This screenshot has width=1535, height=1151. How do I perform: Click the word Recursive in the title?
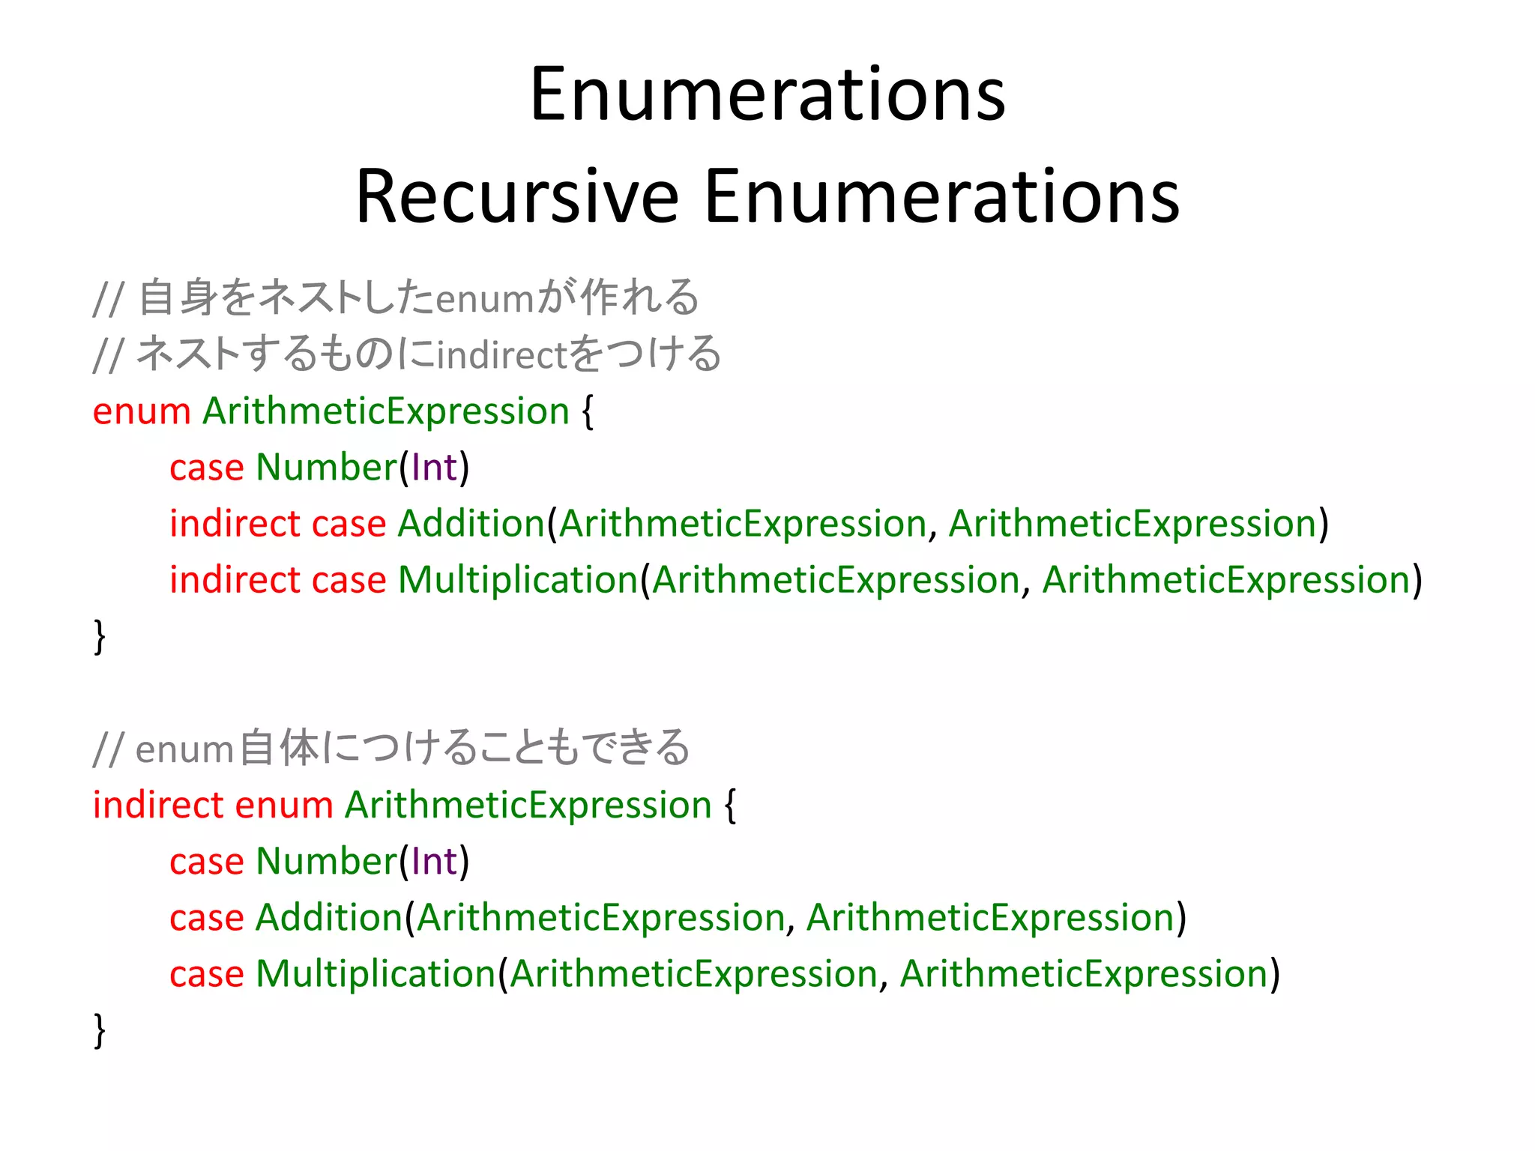point(516,196)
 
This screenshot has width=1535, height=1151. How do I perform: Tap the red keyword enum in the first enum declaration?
point(142,411)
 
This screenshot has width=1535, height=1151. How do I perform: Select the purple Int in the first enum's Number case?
point(434,468)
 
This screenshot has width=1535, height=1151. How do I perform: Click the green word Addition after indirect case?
point(471,523)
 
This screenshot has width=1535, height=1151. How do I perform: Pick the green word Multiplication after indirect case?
point(517,580)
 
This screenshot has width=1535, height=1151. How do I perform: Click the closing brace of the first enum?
point(99,636)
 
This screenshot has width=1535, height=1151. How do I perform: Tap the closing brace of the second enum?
point(99,1030)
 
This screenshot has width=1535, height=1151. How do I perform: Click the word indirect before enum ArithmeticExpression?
point(158,805)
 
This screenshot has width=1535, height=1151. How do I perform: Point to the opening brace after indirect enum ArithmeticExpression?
point(731,805)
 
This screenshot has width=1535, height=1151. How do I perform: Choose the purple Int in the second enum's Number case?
point(434,861)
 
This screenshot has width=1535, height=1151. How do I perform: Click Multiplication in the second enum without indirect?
point(376,973)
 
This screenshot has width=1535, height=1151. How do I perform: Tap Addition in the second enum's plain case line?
point(329,917)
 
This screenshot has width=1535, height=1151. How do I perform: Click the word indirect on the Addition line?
point(235,523)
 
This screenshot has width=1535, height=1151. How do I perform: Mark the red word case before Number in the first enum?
point(207,468)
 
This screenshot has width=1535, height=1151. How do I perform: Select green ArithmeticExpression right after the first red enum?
point(386,411)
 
